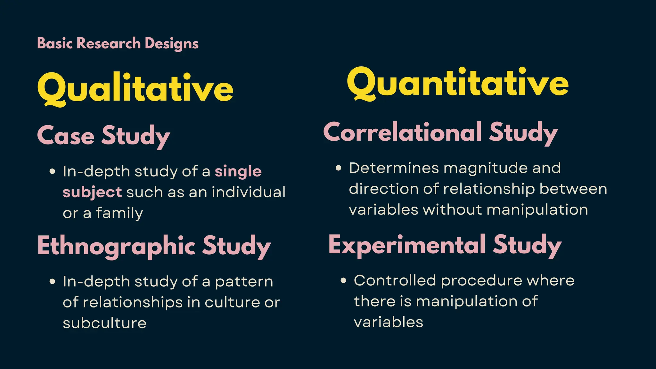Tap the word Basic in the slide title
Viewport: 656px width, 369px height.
tap(55, 43)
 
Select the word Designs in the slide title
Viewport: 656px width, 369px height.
tap(171, 44)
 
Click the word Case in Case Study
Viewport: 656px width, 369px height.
tap(66, 135)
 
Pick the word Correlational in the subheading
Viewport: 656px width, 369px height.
tap(403, 132)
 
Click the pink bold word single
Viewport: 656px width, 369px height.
tap(238, 171)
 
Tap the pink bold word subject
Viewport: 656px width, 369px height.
tap(92, 192)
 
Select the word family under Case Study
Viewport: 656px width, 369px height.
tap(119, 213)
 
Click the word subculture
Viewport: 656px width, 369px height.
tap(105, 323)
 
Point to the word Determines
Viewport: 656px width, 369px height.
tap(394, 168)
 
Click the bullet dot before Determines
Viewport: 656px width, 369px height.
tap(338, 168)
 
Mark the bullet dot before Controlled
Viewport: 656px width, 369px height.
tap(343, 280)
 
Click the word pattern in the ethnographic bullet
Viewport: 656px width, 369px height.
tap(244, 282)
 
